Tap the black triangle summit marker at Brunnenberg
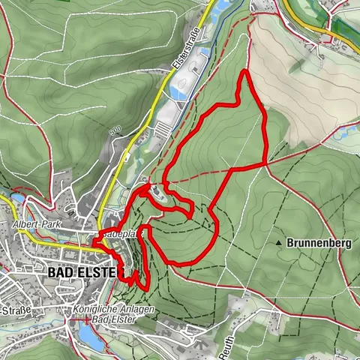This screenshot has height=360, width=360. (280, 244)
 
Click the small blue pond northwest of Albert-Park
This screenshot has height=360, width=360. (16, 199)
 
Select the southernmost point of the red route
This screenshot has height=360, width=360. (139, 287)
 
